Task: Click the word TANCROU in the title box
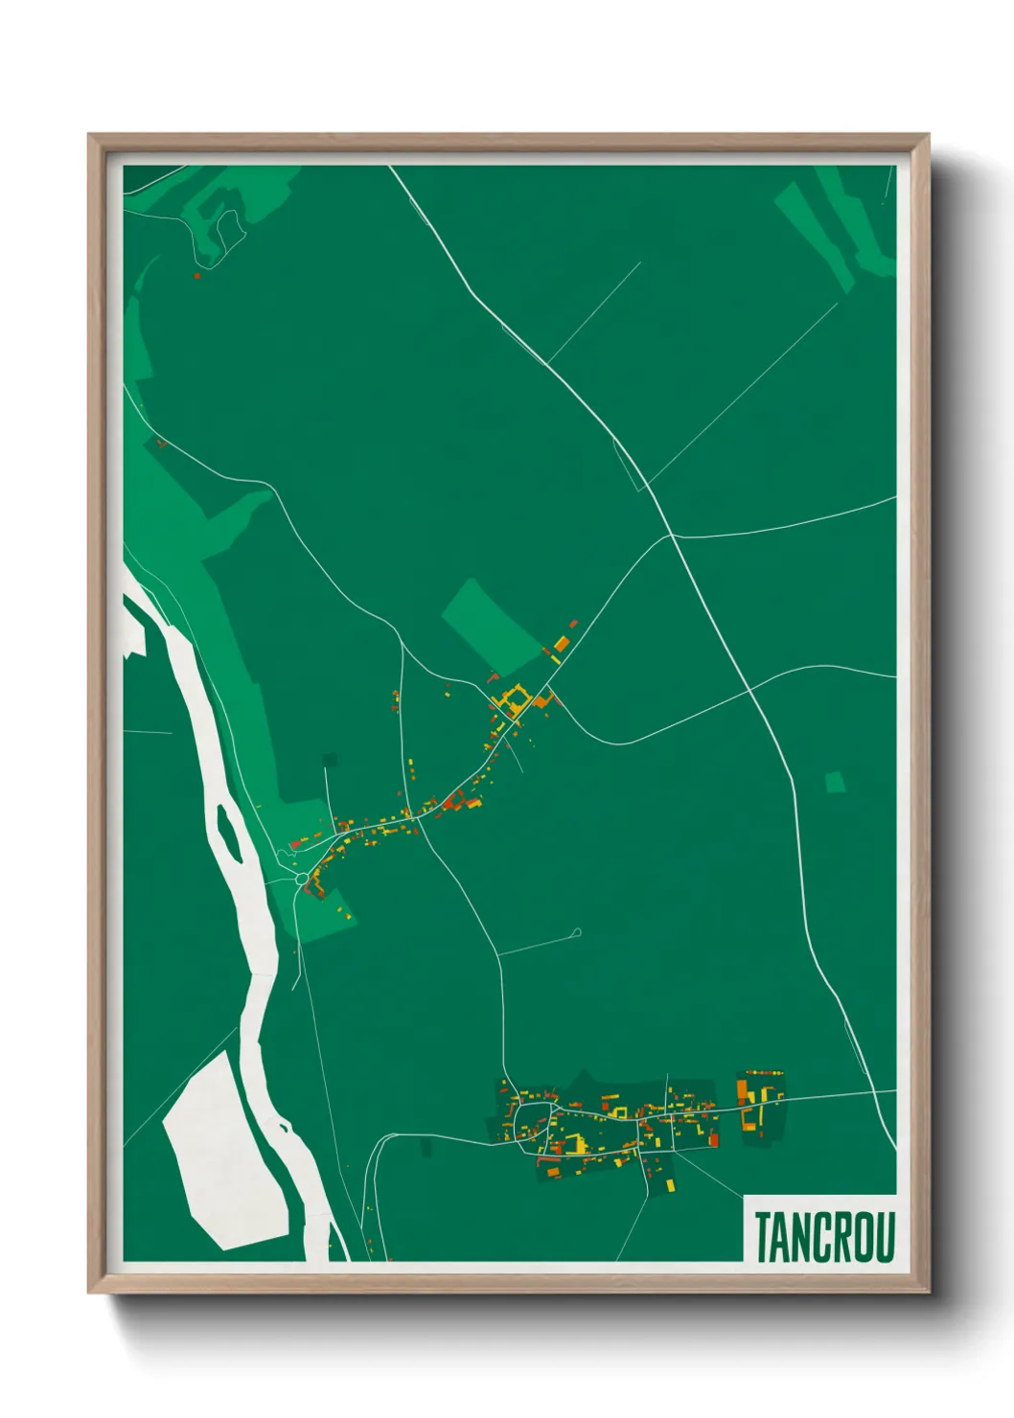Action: coord(823,1237)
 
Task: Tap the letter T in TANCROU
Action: coord(763,1237)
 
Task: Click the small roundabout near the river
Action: coord(302,879)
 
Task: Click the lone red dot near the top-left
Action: coord(196,276)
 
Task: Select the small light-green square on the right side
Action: coord(836,782)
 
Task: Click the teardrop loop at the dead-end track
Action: coord(576,931)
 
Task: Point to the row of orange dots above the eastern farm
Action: coord(765,1073)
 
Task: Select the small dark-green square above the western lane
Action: coord(331,760)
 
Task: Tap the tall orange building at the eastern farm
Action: coord(741,1091)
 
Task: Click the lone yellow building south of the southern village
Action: coord(670,1185)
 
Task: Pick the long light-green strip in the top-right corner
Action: coord(815,235)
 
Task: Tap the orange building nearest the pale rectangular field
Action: coord(562,643)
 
